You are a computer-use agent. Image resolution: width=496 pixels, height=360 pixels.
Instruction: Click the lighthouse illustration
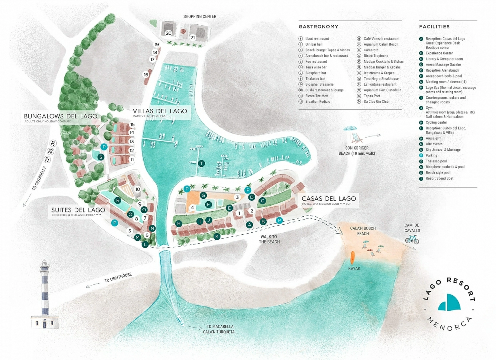pyautogui.click(x=44, y=296)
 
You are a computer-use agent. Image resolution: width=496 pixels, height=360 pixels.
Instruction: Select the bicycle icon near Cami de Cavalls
pyautogui.click(x=412, y=239)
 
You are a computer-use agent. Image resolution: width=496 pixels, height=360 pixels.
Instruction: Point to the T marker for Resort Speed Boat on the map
pyautogui.click(x=202, y=163)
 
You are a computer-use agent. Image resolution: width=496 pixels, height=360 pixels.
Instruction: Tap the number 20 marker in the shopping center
pyautogui.click(x=168, y=33)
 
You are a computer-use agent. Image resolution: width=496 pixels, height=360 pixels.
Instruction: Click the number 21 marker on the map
pyautogui.click(x=192, y=38)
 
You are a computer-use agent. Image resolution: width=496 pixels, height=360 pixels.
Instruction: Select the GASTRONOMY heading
pyautogui.click(x=318, y=27)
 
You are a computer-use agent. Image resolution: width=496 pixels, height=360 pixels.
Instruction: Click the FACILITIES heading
pyautogui.click(x=434, y=27)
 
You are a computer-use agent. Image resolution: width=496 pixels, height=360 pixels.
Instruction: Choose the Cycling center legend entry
pyautogui.click(x=436, y=122)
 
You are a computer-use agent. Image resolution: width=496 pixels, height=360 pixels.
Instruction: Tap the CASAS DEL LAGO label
pyautogui.click(x=328, y=199)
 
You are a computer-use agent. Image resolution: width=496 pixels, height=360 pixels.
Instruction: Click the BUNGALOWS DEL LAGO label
pyautogui.click(x=61, y=116)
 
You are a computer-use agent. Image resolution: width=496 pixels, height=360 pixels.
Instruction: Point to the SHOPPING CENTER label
pyautogui.click(x=200, y=16)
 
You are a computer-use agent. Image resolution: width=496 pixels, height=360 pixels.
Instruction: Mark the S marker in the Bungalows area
pyautogui.click(x=101, y=157)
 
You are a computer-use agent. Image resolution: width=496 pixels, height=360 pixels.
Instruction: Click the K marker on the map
pyautogui.click(x=217, y=236)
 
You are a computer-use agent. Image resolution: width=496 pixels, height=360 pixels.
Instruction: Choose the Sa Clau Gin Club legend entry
pyautogui.click(x=376, y=102)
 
